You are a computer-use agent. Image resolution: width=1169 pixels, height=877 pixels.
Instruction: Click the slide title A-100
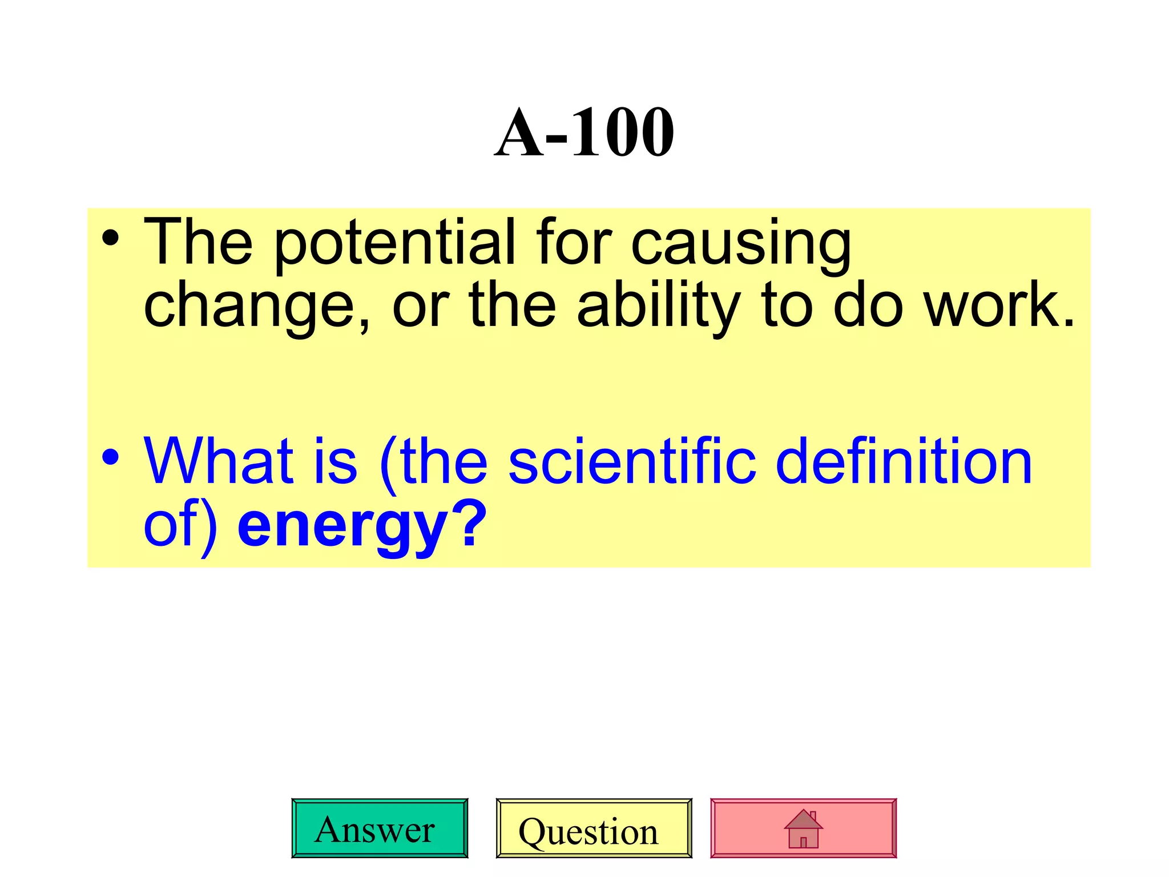coord(584,132)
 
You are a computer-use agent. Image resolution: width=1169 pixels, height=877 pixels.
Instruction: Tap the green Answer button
coord(380,828)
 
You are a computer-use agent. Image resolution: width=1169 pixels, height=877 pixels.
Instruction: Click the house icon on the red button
coord(803,828)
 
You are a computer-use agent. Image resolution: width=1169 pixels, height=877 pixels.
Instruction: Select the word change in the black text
coord(257,307)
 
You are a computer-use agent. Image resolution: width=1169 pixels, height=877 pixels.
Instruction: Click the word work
coord(999,307)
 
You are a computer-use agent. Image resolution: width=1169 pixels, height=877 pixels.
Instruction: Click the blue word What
coord(219,461)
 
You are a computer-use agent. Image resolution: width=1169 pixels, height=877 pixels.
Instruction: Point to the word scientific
coord(632,461)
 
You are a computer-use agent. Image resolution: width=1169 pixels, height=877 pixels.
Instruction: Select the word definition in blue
coord(905,461)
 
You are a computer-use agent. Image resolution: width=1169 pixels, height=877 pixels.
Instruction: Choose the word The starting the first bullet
coord(198,242)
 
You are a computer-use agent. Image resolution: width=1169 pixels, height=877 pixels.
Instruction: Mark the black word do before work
coord(868,307)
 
